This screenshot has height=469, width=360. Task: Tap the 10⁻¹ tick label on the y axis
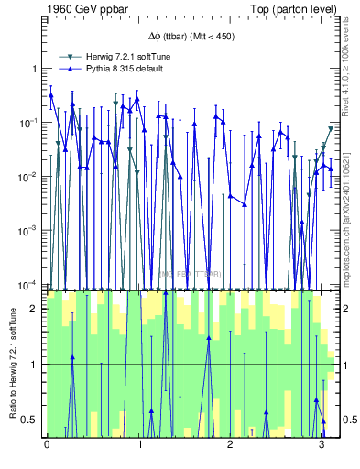tap(27, 122)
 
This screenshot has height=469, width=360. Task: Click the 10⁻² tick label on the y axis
tap(27, 176)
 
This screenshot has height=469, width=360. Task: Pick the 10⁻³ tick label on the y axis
tap(27, 230)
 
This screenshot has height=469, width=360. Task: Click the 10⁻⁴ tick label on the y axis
tap(27, 283)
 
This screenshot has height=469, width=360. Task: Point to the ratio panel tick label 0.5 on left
tap(31, 420)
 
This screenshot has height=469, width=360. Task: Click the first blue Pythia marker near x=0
tap(51, 94)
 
